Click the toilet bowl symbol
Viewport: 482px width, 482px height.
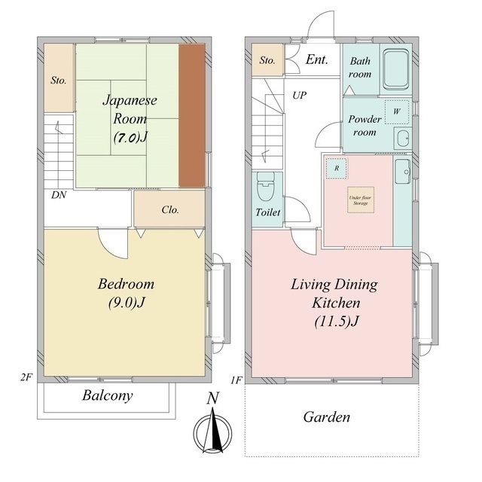point(266,186)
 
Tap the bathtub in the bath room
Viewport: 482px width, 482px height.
point(396,69)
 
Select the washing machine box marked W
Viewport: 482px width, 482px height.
point(397,112)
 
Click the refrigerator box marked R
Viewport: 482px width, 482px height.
point(337,169)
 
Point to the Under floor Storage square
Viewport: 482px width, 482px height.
point(361,200)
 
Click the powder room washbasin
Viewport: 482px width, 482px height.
point(403,139)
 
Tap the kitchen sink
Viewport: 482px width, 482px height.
point(403,172)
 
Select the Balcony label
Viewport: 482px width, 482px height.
point(107,395)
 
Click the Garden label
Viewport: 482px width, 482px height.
point(326,417)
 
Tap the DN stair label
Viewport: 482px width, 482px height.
point(59,194)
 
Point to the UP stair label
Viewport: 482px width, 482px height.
point(299,96)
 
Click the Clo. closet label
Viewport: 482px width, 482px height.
point(170,209)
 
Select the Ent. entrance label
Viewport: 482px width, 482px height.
point(316,59)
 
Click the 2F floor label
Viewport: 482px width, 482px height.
point(26,377)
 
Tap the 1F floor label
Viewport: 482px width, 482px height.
point(236,380)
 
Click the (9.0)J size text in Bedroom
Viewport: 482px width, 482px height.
point(127,303)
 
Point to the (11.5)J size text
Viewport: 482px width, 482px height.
point(337,322)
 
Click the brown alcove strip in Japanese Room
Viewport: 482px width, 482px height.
point(192,115)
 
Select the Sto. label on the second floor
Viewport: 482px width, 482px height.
point(59,81)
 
